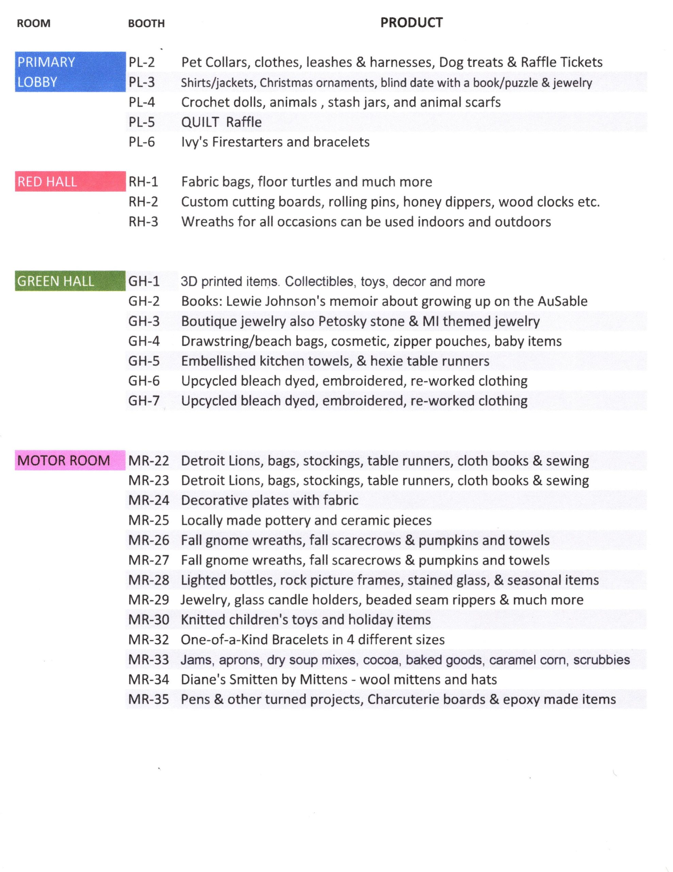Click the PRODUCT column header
(x=411, y=23)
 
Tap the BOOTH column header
(x=146, y=24)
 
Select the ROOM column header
(x=33, y=24)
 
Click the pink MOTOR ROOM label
(x=64, y=461)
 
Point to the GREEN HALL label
(x=56, y=281)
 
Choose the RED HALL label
(x=47, y=182)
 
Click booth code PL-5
(x=142, y=122)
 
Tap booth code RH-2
(x=143, y=202)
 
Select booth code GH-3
(x=144, y=321)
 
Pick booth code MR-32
(x=149, y=640)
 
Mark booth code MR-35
(x=149, y=699)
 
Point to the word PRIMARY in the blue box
(x=46, y=62)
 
